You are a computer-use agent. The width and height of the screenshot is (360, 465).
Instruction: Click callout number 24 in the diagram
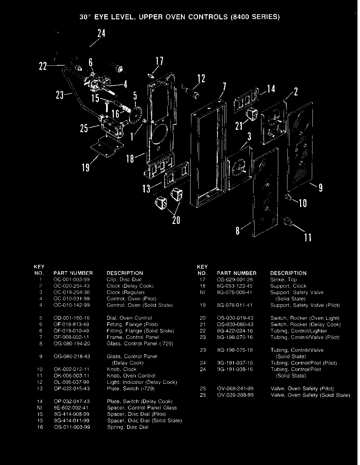pos(101,33)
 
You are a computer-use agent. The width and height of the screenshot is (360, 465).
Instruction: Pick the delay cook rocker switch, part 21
pos(252,115)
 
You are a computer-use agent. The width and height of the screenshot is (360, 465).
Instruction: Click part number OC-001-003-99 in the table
pos(72,280)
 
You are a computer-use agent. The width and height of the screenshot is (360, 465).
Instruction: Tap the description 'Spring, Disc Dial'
pos(128,427)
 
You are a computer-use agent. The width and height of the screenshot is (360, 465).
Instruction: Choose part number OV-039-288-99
pos(235,395)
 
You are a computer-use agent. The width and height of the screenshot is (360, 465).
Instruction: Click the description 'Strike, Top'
pos(283,280)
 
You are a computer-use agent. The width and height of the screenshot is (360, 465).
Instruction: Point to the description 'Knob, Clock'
pos(122,370)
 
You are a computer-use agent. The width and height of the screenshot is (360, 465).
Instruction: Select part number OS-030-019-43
pos(235,318)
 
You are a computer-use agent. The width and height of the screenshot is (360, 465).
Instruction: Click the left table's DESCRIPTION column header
pos(125,273)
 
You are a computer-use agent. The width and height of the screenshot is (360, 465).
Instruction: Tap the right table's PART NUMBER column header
pos(236,273)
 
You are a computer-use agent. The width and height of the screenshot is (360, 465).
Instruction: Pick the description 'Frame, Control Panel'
pos(133,337)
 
